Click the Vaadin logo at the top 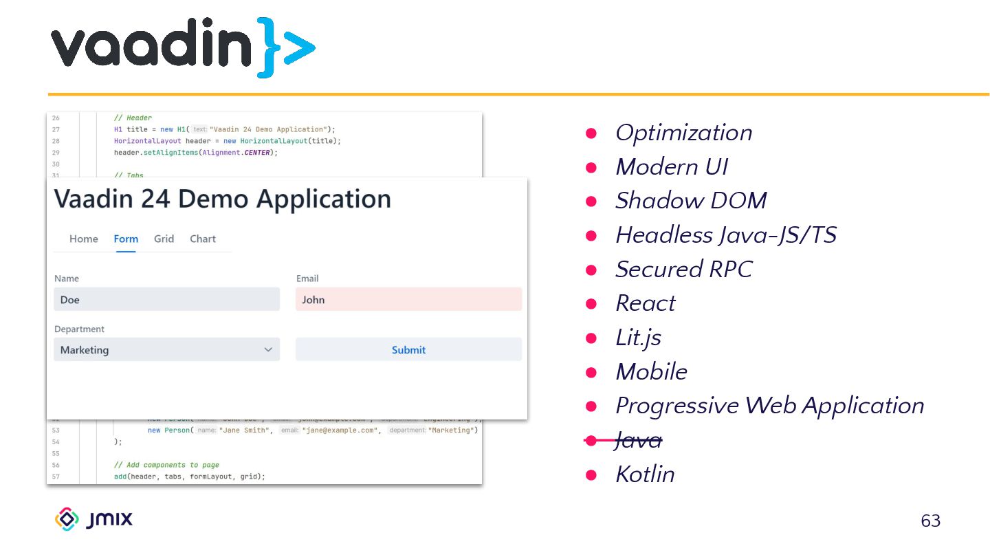click(x=182, y=47)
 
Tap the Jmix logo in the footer click(x=93, y=519)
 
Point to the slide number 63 click(x=930, y=521)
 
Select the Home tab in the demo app click(x=84, y=239)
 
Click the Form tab click(x=126, y=239)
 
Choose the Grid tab click(x=164, y=239)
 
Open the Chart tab click(x=203, y=239)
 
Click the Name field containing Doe click(x=166, y=299)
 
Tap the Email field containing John click(x=408, y=299)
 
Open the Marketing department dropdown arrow click(x=268, y=349)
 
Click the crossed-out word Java click(x=638, y=440)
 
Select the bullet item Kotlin click(x=645, y=474)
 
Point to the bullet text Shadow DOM click(x=690, y=201)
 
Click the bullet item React click(x=645, y=303)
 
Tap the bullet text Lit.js click(x=638, y=338)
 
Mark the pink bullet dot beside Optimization click(x=591, y=133)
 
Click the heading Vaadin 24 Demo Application click(x=223, y=199)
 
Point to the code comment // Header click(x=133, y=118)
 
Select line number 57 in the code click(x=56, y=477)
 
